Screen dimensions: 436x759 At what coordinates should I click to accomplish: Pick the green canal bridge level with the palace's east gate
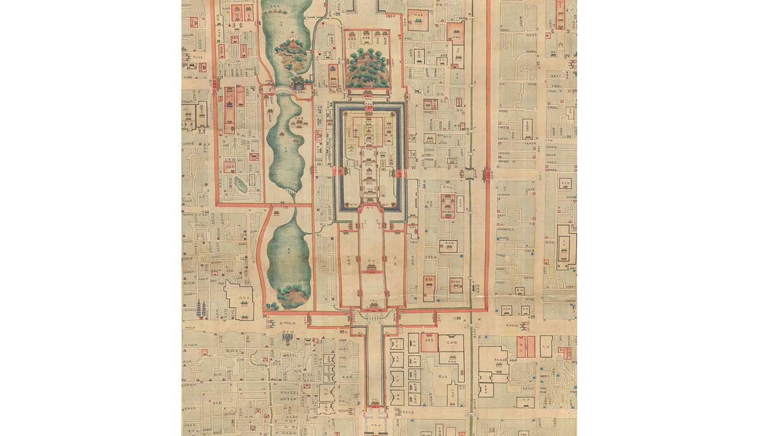[x=468, y=174]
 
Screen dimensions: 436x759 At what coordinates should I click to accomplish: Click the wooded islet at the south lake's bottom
[x=292, y=296]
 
